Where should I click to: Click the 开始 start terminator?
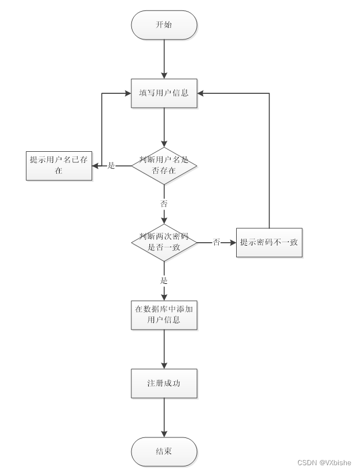click(164, 25)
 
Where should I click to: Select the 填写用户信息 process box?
click(164, 93)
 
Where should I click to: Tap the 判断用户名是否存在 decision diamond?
click(164, 166)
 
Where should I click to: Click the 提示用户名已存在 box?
click(59, 166)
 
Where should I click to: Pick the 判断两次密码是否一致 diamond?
click(164, 242)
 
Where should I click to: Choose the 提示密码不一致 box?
click(269, 242)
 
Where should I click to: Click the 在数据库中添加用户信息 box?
click(164, 315)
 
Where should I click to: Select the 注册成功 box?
click(164, 383)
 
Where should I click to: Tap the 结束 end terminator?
click(164, 452)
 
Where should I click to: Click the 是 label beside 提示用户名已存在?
click(112, 166)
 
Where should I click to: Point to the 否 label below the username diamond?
click(164, 203)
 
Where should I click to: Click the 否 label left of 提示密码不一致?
click(216, 242)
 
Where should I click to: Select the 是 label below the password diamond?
click(164, 280)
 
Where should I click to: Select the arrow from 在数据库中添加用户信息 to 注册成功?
click(164, 349)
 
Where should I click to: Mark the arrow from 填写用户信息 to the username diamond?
click(164, 127)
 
